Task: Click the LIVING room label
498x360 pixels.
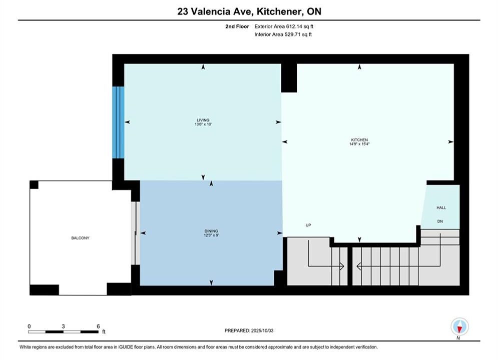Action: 203,120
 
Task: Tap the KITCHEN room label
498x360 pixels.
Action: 359,139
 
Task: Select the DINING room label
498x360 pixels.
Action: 211,231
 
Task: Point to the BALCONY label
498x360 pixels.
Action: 81,238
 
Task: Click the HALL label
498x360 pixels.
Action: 441,208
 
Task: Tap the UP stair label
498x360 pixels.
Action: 308,225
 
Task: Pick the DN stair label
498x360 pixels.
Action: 440,221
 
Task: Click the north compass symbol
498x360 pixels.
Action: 459,326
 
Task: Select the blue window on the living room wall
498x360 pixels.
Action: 118,122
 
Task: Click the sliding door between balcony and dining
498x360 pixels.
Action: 136,233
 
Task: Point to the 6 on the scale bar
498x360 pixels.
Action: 98,326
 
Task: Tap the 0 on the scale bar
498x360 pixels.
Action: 29,326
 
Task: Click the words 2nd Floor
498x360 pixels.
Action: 237,26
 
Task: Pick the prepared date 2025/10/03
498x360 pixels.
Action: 262,330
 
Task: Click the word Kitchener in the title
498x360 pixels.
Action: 279,11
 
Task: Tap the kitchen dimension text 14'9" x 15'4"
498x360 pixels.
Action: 359,143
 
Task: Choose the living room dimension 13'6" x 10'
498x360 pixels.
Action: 203,124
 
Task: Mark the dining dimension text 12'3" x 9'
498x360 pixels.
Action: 211,235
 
